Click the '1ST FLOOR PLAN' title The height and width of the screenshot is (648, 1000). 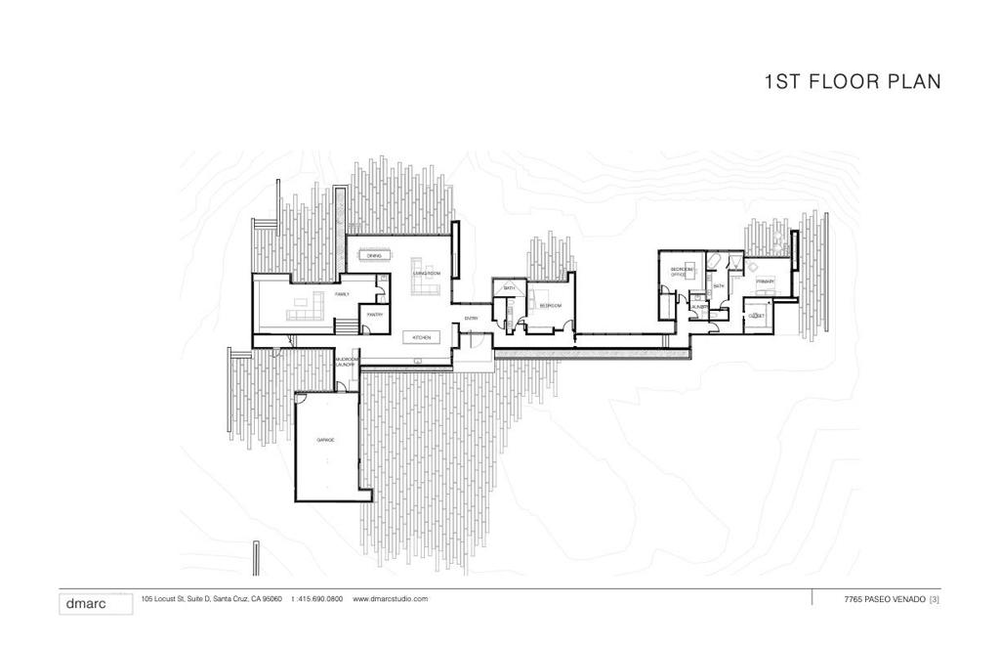click(x=853, y=82)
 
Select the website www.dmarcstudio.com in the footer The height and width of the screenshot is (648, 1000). click(x=390, y=599)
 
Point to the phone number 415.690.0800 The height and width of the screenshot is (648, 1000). click(x=319, y=599)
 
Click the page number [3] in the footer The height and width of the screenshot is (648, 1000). click(x=935, y=599)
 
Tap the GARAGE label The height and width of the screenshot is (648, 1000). click(x=325, y=441)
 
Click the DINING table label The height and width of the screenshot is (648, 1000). click(x=374, y=256)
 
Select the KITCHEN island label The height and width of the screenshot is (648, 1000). click(x=421, y=337)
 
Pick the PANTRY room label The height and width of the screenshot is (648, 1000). click(x=374, y=315)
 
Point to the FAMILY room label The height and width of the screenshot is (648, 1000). click(x=342, y=293)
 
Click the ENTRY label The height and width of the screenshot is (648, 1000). click(x=471, y=319)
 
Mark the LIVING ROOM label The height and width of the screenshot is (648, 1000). click(x=427, y=273)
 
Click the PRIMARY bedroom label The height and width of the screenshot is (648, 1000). click(x=765, y=281)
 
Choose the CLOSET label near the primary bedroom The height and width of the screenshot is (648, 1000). click(x=755, y=317)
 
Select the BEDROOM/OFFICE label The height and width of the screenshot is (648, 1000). click(x=681, y=272)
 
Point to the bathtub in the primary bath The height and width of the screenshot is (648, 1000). click(x=714, y=260)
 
